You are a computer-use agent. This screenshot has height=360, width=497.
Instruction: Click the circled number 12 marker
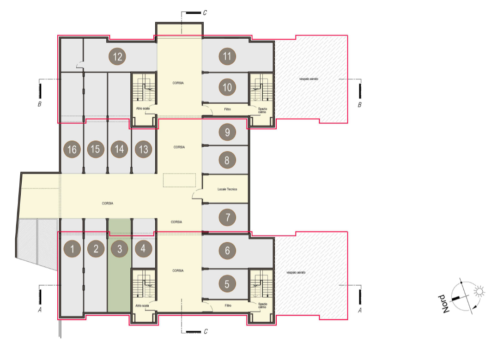[117, 57]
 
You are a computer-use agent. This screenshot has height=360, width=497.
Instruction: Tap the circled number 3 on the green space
[119, 249]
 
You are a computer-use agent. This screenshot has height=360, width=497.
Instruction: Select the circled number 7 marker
[227, 217]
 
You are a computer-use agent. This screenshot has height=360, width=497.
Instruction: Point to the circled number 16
[72, 149]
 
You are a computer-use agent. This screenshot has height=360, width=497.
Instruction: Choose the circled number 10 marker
[227, 87]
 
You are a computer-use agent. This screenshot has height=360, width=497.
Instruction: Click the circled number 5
[227, 284]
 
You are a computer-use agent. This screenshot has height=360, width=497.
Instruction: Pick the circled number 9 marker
[227, 132]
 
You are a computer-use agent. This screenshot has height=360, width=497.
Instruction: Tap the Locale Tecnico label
[227, 189]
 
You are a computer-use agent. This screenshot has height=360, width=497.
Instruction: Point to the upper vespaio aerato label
[309, 79]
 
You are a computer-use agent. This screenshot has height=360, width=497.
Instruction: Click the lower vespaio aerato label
[296, 272]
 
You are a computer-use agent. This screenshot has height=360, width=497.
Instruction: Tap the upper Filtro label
[228, 109]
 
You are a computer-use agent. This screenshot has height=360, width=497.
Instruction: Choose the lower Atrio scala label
[142, 306]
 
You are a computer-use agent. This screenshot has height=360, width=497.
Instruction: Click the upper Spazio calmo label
[262, 110]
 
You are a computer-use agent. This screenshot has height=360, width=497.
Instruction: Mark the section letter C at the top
[205, 12]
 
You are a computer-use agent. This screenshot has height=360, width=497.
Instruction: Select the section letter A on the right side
[360, 310]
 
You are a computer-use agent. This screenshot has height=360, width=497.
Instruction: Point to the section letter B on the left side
[40, 104]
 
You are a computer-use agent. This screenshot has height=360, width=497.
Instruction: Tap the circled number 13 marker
[143, 149]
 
